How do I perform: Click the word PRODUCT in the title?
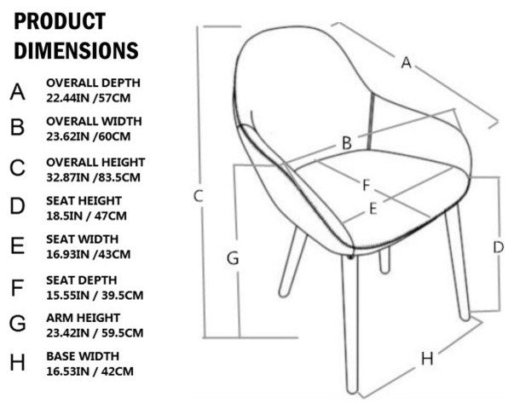(x=60, y=21)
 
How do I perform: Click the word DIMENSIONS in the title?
(x=76, y=50)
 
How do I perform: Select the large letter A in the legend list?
(x=17, y=92)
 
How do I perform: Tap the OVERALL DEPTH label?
(x=93, y=83)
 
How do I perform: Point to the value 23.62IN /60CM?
(x=88, y=136)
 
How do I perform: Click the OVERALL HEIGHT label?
(x=95, y=162)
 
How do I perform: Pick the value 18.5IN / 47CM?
(x=86, y=216)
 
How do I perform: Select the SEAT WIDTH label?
(x=82, y=239)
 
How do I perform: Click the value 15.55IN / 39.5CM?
(x=95, y=296)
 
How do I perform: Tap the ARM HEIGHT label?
(x=83, y=318)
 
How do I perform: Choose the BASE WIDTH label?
(x=83, y=356)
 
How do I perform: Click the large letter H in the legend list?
(x=17, y=362)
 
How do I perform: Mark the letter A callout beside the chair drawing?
(x=406, y=62)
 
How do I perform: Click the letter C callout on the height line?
(x=199, y=196)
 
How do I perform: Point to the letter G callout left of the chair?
(x=233, y=258)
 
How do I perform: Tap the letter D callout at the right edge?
(x=499, y=247)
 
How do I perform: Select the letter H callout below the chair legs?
(x=427, y=359)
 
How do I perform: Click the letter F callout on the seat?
(x=367, y=186)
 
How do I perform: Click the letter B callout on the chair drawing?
(x=347, y=143)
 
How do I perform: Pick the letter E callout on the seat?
(x=373, y=209)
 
